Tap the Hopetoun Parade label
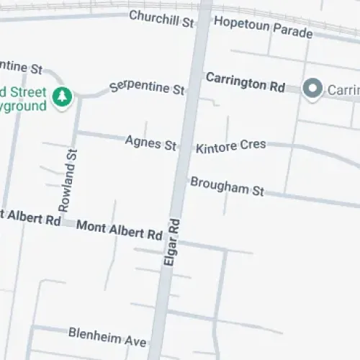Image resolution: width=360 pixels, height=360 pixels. (x=263, y=27)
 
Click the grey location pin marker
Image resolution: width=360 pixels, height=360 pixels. (x=312, y=89)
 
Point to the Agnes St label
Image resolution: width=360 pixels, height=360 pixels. (x=150, y=143)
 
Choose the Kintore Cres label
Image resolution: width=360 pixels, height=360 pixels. (x=231, y=146)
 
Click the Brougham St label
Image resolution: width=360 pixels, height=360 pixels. (x=227, y=186)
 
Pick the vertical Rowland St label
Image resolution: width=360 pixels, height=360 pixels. (x=67, y=180)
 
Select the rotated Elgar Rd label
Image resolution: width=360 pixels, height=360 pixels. (x=172, y=243)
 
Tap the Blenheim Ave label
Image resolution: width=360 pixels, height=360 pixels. (x=107, y=335)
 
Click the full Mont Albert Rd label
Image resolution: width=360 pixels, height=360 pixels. (x=119, y=230)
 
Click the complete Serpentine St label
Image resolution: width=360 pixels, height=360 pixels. (x=147, y=89)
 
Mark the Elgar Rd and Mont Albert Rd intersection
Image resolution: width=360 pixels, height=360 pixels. (x=175, y=238)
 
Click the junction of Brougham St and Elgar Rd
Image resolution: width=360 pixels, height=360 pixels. (x=185, y=178)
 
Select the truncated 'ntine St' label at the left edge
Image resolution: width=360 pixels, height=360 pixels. (x=22, y=67)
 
